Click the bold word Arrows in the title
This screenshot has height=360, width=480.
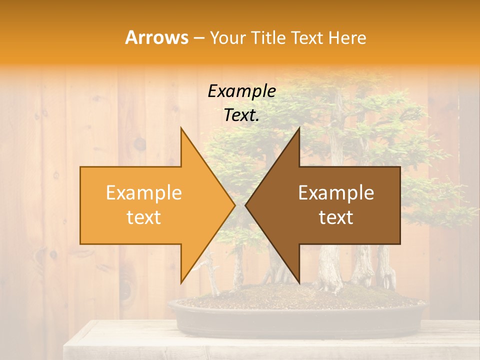tap(157, 37)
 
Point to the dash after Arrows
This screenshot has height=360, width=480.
tap(198, 38)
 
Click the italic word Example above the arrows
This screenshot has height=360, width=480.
tap(242, 91)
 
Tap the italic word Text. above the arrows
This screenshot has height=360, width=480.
tap(242, 115)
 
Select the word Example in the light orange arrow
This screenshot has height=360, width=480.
tap(144, 193)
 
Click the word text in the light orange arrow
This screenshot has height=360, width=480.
tap(144, 217)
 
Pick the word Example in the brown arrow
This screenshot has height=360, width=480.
tap(336, 193)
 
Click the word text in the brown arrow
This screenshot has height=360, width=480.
tap(336, 217)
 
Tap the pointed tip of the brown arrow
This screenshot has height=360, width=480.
tap(246, 205)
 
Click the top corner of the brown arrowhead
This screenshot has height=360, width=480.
tap(299, 128)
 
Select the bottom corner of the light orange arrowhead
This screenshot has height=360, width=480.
tap(181, 282)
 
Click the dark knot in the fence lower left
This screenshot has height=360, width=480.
tap(125, 287)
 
